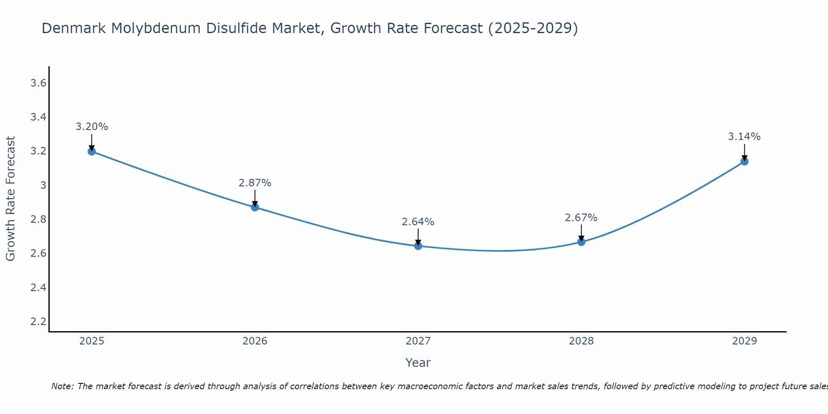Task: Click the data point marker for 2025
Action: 91,151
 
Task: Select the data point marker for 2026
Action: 255,207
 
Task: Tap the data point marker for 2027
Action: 418,246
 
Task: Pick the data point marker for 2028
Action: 581,242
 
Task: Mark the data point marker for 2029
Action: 744,161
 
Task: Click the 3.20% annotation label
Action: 91,127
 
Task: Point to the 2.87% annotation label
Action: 255,183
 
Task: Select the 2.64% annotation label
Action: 418,222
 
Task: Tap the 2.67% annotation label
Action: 581,218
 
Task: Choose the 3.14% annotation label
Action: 744,137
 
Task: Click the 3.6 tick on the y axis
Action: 39,83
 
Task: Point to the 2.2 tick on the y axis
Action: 39,321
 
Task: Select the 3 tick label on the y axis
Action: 43,185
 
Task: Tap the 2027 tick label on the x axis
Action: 418,341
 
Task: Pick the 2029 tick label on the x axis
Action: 744,341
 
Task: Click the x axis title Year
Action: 418,363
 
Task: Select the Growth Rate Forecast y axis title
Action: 10,199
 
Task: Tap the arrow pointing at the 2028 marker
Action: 581,233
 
